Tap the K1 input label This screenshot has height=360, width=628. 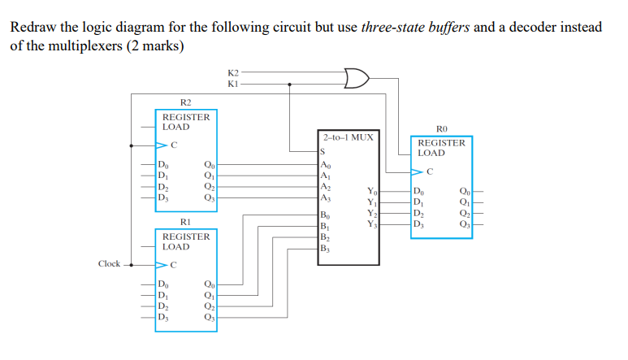coord(234,84)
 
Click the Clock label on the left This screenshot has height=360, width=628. coord(109,263)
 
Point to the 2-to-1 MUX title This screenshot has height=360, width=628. coord(348,137)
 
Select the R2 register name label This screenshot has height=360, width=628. coord(185,102)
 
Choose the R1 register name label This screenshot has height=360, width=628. coord(185,221)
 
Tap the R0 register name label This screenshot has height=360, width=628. coord(442,128)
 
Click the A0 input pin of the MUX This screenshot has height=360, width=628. coord(326,163)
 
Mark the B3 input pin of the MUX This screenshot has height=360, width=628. coord(326,249)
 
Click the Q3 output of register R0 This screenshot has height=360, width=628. coord(464,224)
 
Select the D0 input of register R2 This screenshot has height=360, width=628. coord(165,165)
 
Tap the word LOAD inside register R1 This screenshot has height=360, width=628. coord(176,246)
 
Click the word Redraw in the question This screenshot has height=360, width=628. coord(31,27)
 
